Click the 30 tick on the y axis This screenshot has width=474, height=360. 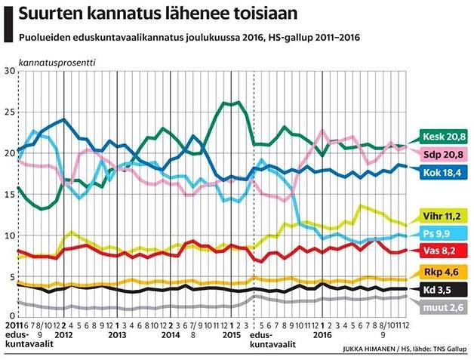point(10,71)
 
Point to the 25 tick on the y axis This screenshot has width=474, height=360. point(10,112)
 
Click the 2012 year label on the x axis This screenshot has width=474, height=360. point(63,333)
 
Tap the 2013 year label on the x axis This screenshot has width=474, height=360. point(117,333)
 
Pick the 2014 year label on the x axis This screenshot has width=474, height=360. point(171,333)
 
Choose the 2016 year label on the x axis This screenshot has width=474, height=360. point(323,333)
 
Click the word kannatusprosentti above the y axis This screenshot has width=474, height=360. point(57,60)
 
